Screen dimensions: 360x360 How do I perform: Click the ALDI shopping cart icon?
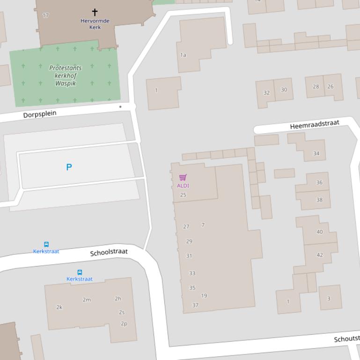(183, 177)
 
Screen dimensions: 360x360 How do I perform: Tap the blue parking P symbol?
(69, 167)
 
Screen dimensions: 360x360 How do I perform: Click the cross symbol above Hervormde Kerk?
(95, 12)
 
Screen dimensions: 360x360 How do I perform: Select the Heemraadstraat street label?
(314, 125)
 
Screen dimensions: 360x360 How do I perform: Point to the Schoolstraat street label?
(109, 252)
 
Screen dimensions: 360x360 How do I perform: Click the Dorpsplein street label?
(40, 114)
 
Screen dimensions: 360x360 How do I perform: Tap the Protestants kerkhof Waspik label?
(65, 76)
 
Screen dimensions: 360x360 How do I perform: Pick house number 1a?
(183, 55)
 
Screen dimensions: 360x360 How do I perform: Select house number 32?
(266, 93)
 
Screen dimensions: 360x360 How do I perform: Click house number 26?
(331, 86)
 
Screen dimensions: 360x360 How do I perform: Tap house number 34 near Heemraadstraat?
(316, 153)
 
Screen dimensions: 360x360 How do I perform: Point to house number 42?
(320, 255)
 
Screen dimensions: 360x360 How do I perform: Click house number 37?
(195, 305)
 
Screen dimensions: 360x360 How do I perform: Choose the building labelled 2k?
(59, 307)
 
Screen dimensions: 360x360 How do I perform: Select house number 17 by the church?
(45, 15)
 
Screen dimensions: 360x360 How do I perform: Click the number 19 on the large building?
(204, 295)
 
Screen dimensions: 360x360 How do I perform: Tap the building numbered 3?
(329, 298)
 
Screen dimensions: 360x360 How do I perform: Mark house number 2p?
(124, 324)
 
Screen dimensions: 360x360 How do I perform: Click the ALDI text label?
(183, 186)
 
